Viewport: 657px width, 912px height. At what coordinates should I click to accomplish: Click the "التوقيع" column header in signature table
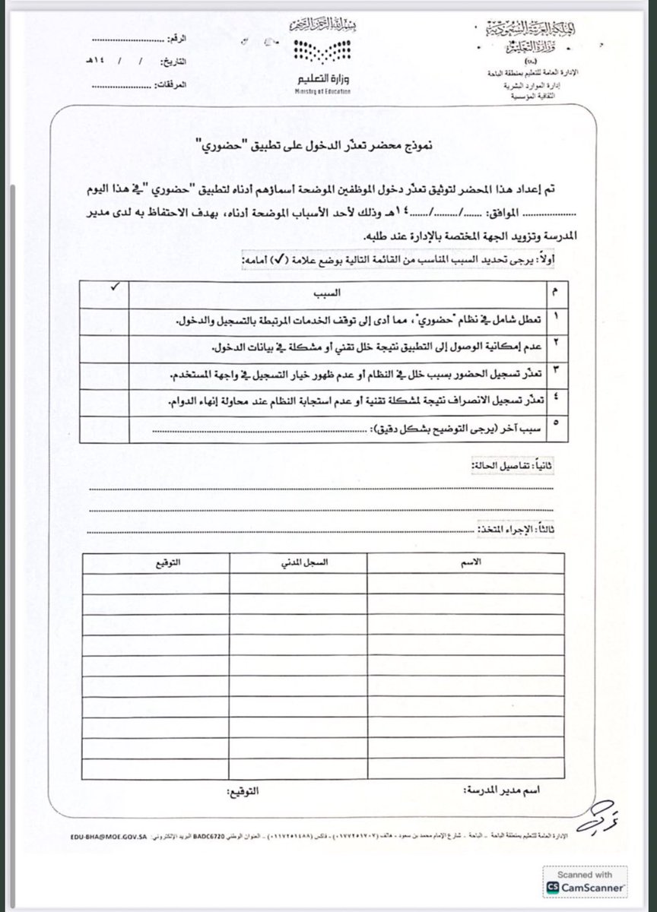coord(157,563)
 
